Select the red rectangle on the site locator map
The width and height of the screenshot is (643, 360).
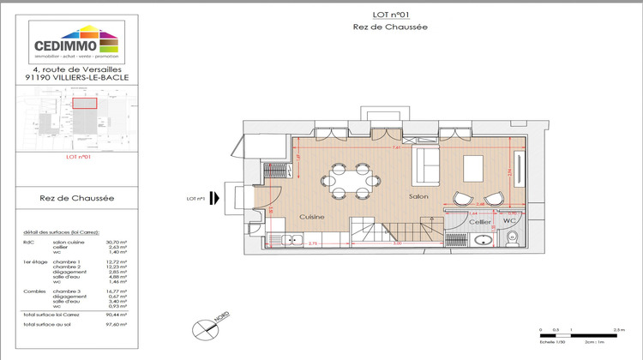click(83, 103)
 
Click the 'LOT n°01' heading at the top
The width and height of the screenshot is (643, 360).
click(390, 15)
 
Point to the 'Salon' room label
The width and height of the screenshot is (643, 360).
click(418, 196)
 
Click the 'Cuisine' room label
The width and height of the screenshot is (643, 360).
click(311, 217)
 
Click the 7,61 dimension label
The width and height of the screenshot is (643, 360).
click(397, 147)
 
